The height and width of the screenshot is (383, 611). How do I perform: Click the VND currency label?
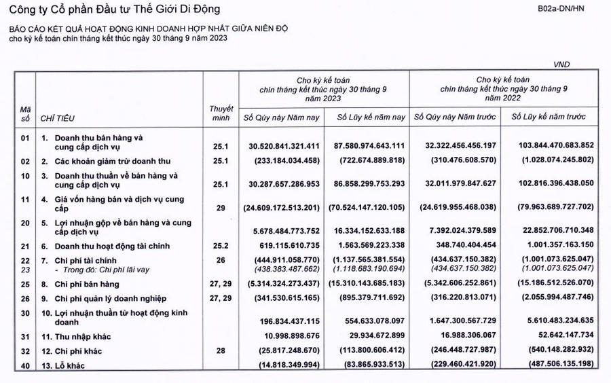[562, 65]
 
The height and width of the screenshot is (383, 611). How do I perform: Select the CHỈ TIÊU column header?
[56, 118]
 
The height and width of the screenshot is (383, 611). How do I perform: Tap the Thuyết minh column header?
[221, 113]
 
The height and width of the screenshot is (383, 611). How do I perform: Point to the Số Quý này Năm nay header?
[282, 118]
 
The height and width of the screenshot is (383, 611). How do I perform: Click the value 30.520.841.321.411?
[284, 145]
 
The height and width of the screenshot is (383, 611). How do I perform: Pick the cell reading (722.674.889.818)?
[370, 161]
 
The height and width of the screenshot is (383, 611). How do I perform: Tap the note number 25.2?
[221, 247]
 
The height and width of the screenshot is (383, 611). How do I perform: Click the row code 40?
[25, 367]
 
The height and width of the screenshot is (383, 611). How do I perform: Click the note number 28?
[221, 352]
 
